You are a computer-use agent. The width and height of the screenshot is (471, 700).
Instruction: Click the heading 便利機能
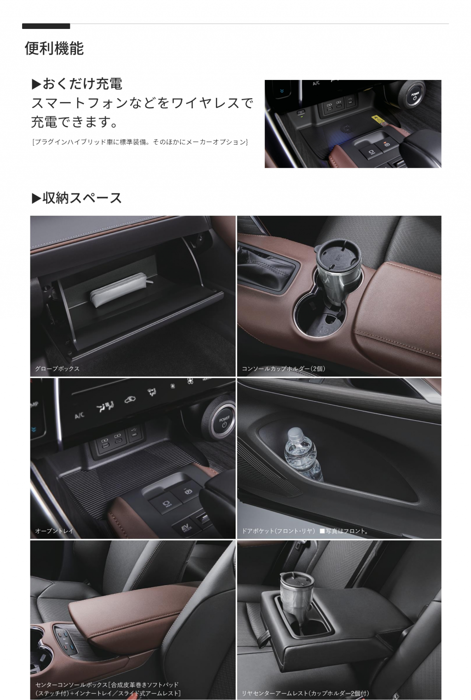(54, 48)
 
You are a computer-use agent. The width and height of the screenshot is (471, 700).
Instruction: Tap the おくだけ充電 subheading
(77, 84)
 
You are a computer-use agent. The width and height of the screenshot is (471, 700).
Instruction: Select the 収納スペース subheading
(77, 198)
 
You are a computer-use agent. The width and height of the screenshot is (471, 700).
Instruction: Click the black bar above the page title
(46, 26)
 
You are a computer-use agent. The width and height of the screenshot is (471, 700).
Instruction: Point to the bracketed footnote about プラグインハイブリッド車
(140, 142)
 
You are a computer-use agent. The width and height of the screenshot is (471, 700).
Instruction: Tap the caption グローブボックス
(57, 369)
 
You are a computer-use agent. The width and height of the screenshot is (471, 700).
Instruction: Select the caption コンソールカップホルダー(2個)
(283, 369)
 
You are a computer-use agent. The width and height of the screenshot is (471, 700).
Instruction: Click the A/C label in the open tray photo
(79, 416)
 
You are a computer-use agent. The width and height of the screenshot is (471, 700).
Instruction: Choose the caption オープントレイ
(54, 531)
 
